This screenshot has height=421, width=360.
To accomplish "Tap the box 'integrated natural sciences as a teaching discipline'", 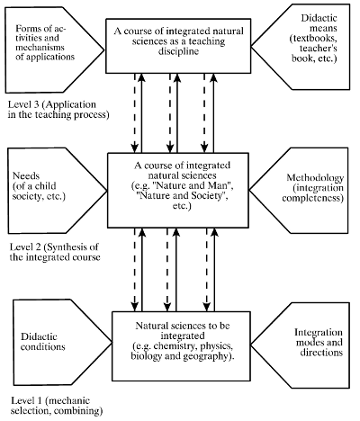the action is pyautogui.click(x=178, y=46).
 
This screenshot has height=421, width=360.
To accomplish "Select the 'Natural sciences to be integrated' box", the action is pyautogui.click(x=181, y=346).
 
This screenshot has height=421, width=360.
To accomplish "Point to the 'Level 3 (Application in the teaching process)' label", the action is pyautogui.click(x=58, y=110).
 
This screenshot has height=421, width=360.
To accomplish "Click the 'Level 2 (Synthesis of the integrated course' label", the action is pyautogui.click(x=55, y=252).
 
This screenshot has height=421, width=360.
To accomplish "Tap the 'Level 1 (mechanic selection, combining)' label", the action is pyautogui.click(x=57, y=406).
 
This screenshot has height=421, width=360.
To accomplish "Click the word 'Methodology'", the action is pyautogui.click(x=315, y=178).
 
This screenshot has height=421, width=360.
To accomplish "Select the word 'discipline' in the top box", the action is pyautogui.click(x=178, y=51).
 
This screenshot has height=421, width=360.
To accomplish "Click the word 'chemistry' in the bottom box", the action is pyautogui.click(x=175, y=345).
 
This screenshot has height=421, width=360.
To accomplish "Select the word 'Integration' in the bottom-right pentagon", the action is pyautogui.click(x=319, y=333).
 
